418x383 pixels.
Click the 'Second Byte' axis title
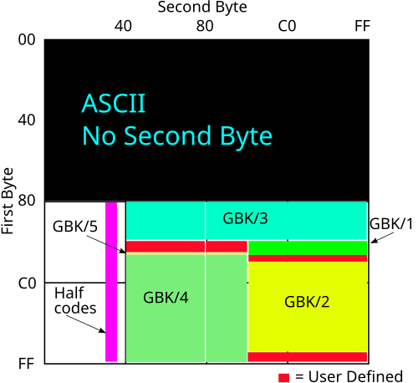(x=202, y=8)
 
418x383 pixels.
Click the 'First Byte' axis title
(x=8, y=201)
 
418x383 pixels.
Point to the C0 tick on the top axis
(x=287, y=26)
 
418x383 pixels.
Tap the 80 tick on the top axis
(x=205, y=26)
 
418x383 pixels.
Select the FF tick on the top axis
(x=363, y=26)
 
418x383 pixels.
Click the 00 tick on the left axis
(x=27, y=39)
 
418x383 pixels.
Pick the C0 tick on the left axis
(x=27, y=283)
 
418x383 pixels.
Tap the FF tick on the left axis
(x=26, y=364)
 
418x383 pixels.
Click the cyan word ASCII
(x=114, y=104)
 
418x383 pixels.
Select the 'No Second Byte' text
(x=177, y=135)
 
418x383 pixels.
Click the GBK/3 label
(x=245, y=218)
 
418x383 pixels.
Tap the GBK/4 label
(x=166, y=297)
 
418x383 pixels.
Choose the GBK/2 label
(x=307, y=302)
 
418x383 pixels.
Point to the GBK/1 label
(x=391, y=224)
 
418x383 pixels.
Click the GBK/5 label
(x=75, y=226)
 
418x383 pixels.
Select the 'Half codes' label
(x=75, y=300)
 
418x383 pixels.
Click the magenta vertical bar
(x=111, y=282)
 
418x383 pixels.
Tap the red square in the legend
(x=283, y=377)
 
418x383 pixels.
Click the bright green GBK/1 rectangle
(x=308, y=248)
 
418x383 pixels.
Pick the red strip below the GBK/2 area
(x=308, y=357)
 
